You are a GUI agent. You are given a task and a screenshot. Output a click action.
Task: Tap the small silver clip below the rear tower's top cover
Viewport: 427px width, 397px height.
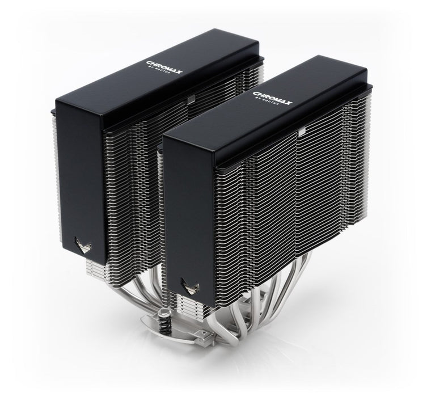[189, 101]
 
